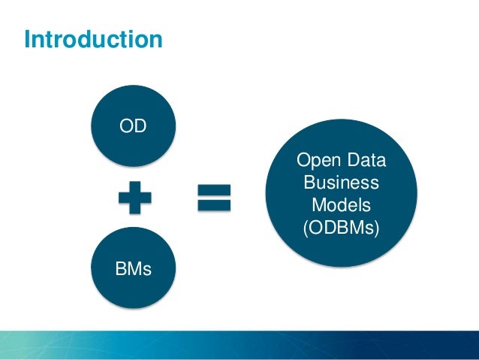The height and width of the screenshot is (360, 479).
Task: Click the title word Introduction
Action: (93, 38)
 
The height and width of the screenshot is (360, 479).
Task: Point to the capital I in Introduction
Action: (27, 38)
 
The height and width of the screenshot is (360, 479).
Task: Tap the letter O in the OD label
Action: (127, 126)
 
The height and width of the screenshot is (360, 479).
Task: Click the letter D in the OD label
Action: (140, 126)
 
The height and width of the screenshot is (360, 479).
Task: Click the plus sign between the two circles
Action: (134, 198)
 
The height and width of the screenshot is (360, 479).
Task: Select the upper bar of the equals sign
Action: (214, 189)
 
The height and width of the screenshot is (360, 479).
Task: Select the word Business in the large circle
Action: (342, 183)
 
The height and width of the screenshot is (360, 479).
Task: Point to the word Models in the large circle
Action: (342, 204)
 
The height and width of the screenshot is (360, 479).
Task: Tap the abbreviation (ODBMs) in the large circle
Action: (342, 227)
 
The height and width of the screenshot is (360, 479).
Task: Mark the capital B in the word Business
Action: (309, 183)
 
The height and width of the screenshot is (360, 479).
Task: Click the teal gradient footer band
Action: (239, 345)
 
